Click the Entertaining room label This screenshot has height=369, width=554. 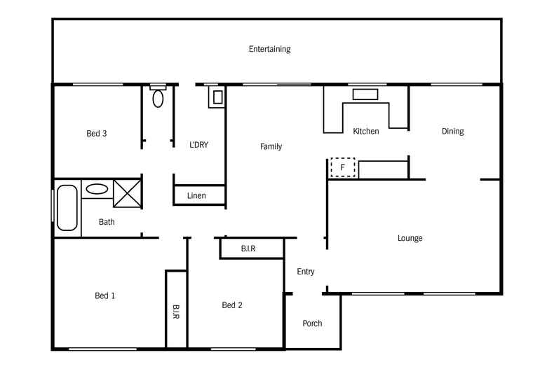click(269, 49)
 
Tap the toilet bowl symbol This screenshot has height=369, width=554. click(158, 99)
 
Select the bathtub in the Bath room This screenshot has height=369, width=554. click(67, 208)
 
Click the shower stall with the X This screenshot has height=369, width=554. click(127, 193)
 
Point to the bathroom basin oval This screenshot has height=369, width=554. click(97, 189)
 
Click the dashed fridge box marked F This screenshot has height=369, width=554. click(343, 167)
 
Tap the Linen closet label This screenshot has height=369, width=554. click(196, 196)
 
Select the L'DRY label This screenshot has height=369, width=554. click(199, 145)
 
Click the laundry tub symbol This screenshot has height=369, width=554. click(217, 97)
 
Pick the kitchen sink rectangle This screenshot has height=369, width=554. click(365, 95)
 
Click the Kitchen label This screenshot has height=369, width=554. click(366, 131)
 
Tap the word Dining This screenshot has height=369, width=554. click(452, 131)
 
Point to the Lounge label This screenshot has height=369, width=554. click(410, 238)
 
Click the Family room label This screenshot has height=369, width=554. click(271, 146)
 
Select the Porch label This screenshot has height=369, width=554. click(312, 323)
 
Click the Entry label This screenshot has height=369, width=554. click(306, 272)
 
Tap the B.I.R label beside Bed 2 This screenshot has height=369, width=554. click(248, 249)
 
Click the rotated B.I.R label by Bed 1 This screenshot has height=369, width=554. click(176, 312)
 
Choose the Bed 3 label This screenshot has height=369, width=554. click(97, 133)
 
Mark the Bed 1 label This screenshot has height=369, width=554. click(105, 295)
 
